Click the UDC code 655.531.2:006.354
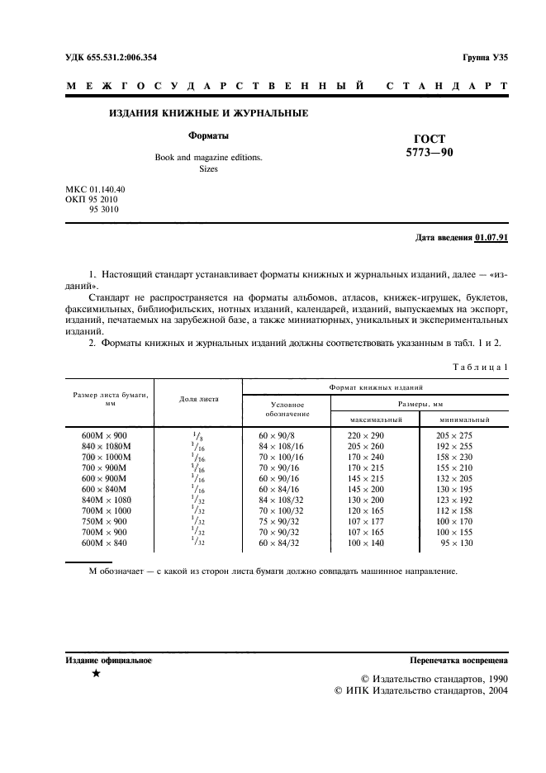[111, 57]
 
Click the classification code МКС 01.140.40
[95, 189]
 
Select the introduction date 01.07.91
[492, 238]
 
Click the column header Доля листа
[198, 399]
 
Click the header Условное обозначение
[287, 410]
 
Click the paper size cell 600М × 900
[105, 434]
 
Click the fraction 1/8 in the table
[197, 434]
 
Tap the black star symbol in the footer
[97, 675]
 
